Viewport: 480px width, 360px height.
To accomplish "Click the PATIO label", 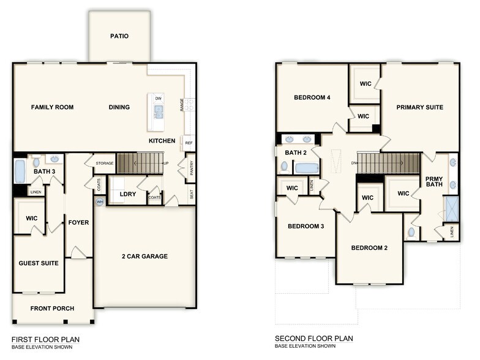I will (x=119, y=36).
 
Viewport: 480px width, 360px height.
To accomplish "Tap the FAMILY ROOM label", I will (x=52, y=107).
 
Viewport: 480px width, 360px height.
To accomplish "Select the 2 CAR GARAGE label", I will (x=144, y=257).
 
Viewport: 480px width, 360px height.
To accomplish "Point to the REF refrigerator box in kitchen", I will (x=189, y=143).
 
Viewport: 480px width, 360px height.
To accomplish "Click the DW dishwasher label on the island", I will (x=158, y=99).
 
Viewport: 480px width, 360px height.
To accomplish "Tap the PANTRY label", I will (x=191, y=168).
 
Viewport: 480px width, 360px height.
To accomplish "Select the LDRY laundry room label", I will (x=128, y=194).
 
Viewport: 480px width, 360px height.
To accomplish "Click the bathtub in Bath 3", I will (x=20, y=171).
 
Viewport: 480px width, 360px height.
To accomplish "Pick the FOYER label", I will (x=79, y=222).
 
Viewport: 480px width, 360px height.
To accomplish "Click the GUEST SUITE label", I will (x=39, y=263).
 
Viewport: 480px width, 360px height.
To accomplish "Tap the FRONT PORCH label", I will (x=52, y=308).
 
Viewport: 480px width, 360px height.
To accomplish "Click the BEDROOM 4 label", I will (x=312, y=97).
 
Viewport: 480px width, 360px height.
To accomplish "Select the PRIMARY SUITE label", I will (x=419, y=107).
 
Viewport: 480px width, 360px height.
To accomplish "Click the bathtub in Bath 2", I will (x=306, y=168).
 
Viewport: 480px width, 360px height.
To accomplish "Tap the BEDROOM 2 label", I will (x=369, y=248).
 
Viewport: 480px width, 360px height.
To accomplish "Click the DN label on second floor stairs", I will (x=354, y=163).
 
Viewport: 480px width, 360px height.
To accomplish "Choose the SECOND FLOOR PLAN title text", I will (x=313, y=339).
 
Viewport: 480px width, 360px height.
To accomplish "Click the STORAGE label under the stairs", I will (x=105, y=163).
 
